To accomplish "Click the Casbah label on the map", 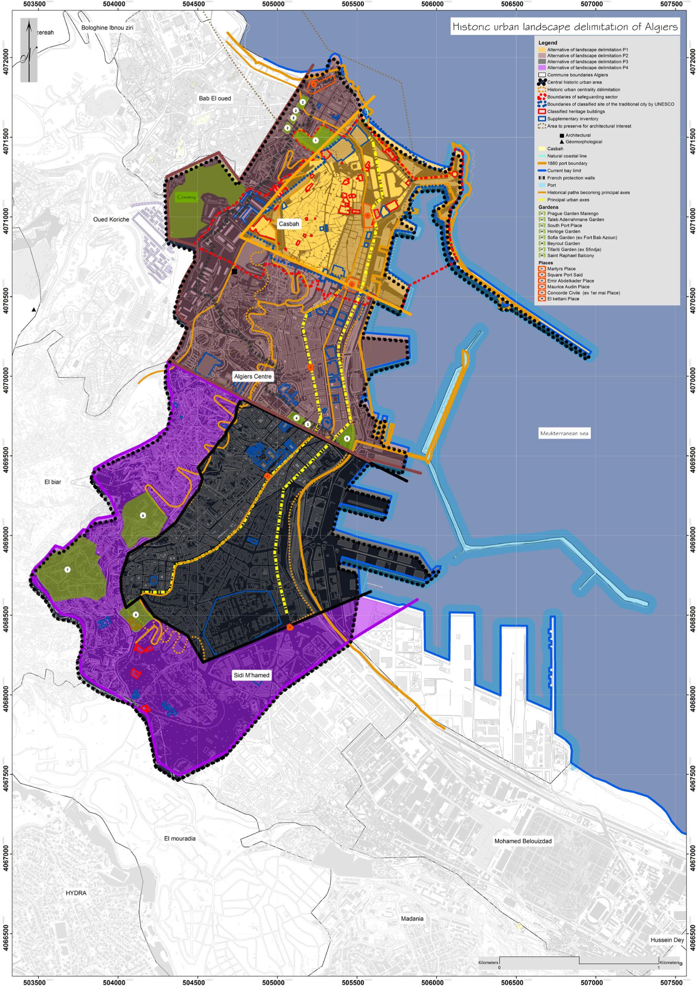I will (288, 224).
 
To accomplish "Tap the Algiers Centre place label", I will (253, 377).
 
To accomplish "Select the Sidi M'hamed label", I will (251, 675).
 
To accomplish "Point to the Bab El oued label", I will (214, 98).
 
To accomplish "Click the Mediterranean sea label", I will (564, 433).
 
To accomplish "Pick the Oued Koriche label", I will (111, 219).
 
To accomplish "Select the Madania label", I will (413, 919).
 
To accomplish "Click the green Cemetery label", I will (186, 197).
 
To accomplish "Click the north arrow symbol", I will (29, 50).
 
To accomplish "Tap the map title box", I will (565, 27).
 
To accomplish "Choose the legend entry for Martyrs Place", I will (561, 269).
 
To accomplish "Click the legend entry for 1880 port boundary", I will (567, 163).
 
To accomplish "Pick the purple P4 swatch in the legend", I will (542, 67).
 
